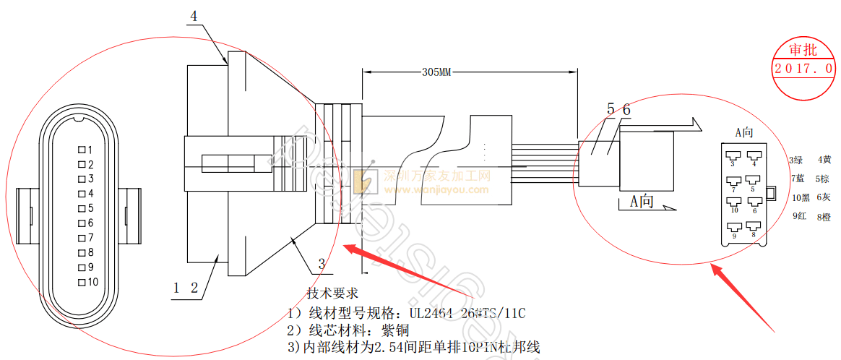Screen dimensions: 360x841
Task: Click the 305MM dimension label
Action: coord(436,72)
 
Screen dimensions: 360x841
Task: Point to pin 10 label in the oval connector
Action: coord(92,282)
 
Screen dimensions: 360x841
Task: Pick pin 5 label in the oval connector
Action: coord(90,208)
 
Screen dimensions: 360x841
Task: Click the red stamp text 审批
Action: coord(803,50)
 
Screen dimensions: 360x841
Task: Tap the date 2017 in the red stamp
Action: coord(793,69)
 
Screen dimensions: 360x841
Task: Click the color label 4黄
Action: coord(824,160)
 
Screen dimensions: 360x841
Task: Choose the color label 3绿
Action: coord(797,160)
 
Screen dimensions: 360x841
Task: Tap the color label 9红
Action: coord(799,215)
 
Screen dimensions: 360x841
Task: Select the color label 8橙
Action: coord(824,216)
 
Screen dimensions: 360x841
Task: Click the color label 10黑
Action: coord(801,197)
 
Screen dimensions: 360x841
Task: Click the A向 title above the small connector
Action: coord(744,132)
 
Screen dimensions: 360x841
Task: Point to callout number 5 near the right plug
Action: coord(611,110)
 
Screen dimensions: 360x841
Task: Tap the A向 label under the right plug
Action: coord(642,201)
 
